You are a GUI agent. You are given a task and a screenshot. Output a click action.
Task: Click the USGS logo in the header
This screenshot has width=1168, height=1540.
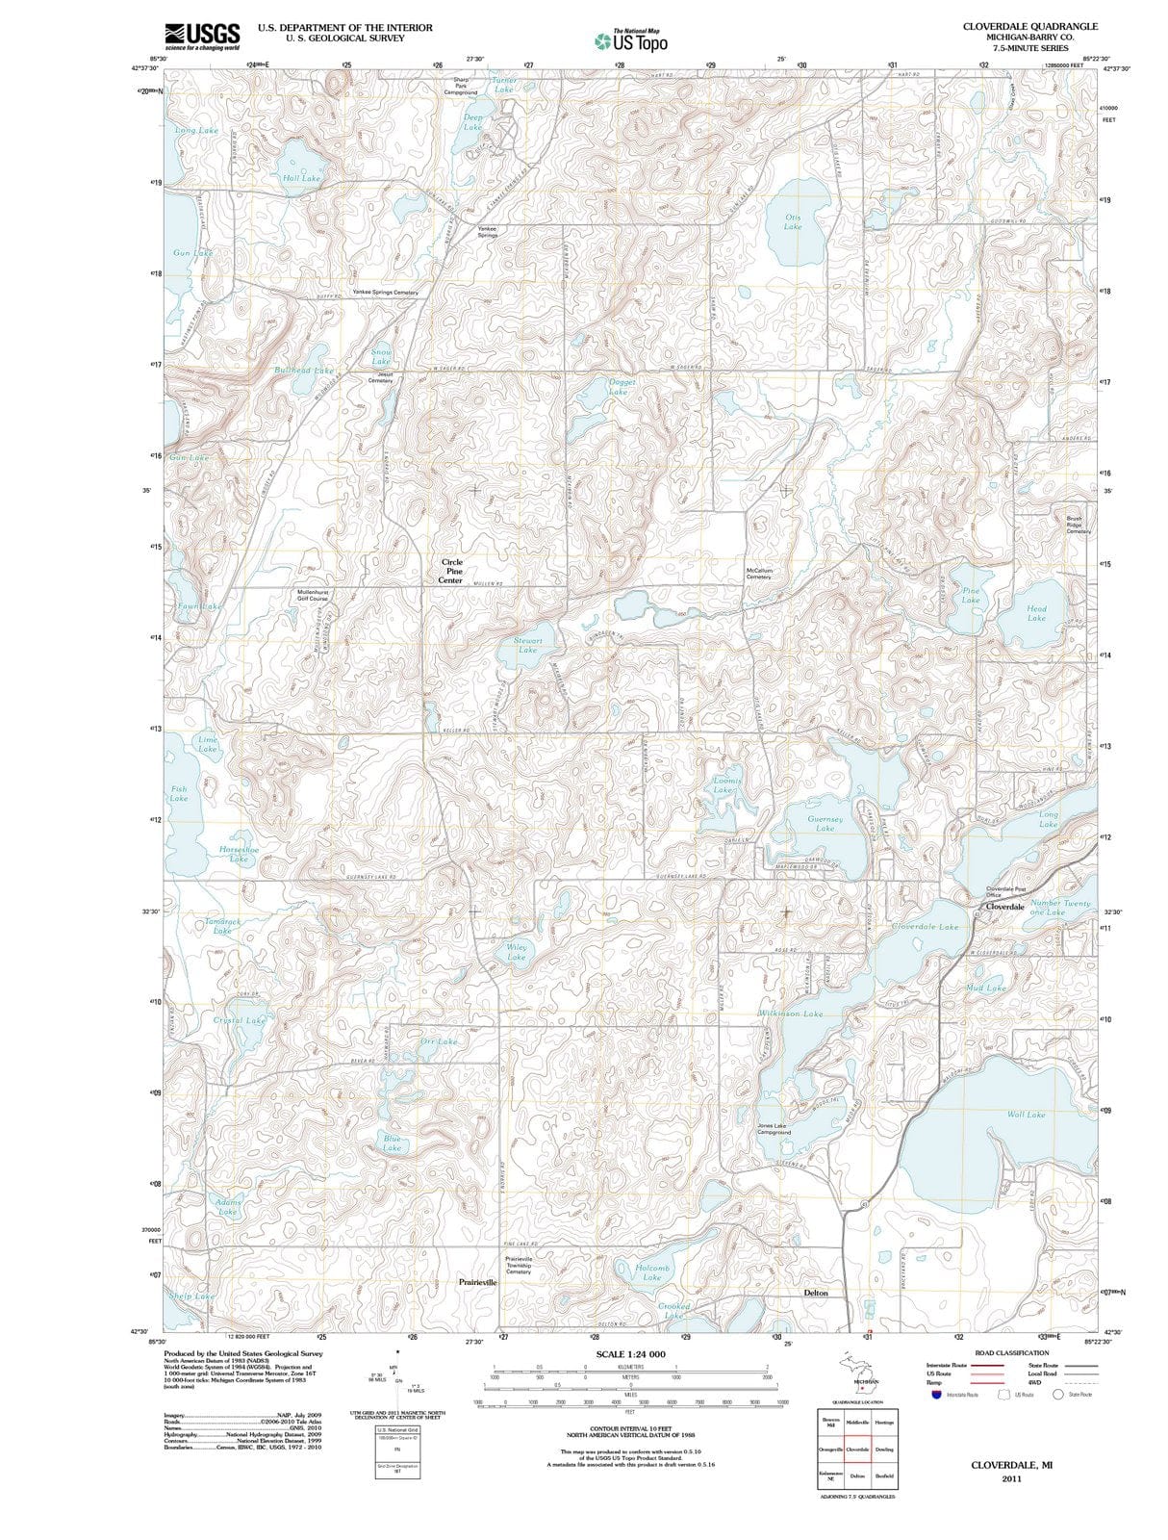(x=202, y=36)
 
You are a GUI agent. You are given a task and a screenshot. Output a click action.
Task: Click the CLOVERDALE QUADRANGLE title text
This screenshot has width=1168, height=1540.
(x=1029, y=26)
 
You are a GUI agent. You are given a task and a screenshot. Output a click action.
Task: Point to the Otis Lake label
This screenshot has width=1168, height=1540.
(x=793, y=221)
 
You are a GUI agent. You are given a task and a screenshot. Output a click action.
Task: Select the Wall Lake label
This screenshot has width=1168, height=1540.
(x=1026, y=1115)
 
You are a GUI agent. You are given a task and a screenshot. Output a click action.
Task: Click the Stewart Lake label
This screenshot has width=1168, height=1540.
(x=528, y=645)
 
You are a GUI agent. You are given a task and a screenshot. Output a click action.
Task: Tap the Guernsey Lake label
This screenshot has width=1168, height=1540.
(x=825, y=823)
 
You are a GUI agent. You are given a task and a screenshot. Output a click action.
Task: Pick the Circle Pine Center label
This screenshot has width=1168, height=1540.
(x=451, y=571)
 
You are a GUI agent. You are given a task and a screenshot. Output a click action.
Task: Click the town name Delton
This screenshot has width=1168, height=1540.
(x=815, y=1293)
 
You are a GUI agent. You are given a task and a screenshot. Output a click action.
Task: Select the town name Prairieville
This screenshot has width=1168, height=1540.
(x=477, y=1282)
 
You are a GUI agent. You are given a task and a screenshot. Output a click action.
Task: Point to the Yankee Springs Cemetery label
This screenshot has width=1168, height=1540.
(x=385, y=292)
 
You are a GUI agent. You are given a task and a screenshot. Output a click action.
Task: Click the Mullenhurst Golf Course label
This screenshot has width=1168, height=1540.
(x=313, y=595)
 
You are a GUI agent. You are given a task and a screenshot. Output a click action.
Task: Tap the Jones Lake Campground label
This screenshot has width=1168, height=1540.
(x=774, y=1129)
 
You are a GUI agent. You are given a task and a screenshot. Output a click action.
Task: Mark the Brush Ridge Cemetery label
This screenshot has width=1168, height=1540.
(x=1079, y=525)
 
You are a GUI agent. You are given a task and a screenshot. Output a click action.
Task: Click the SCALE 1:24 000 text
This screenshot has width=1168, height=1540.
(x=630, y=1354)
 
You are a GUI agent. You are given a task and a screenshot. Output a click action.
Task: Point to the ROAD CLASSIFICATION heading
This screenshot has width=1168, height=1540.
(x=1012, y=1353)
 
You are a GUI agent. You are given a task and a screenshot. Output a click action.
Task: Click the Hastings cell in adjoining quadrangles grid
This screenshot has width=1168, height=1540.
(x=884, y=1423)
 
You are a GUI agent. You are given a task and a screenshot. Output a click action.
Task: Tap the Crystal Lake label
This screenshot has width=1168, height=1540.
(x=239, y=1020)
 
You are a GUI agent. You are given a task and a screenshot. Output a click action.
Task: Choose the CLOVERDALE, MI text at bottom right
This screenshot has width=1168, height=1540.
(x=1010, y=1464)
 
